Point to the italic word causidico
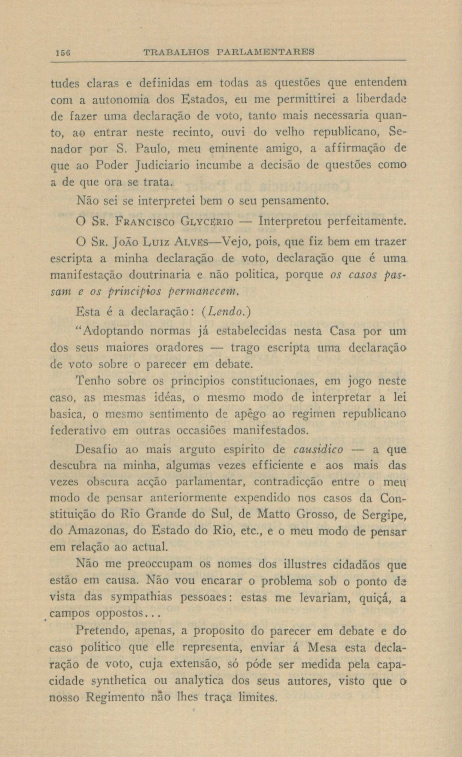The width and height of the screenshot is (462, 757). click(x=318, y=450)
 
